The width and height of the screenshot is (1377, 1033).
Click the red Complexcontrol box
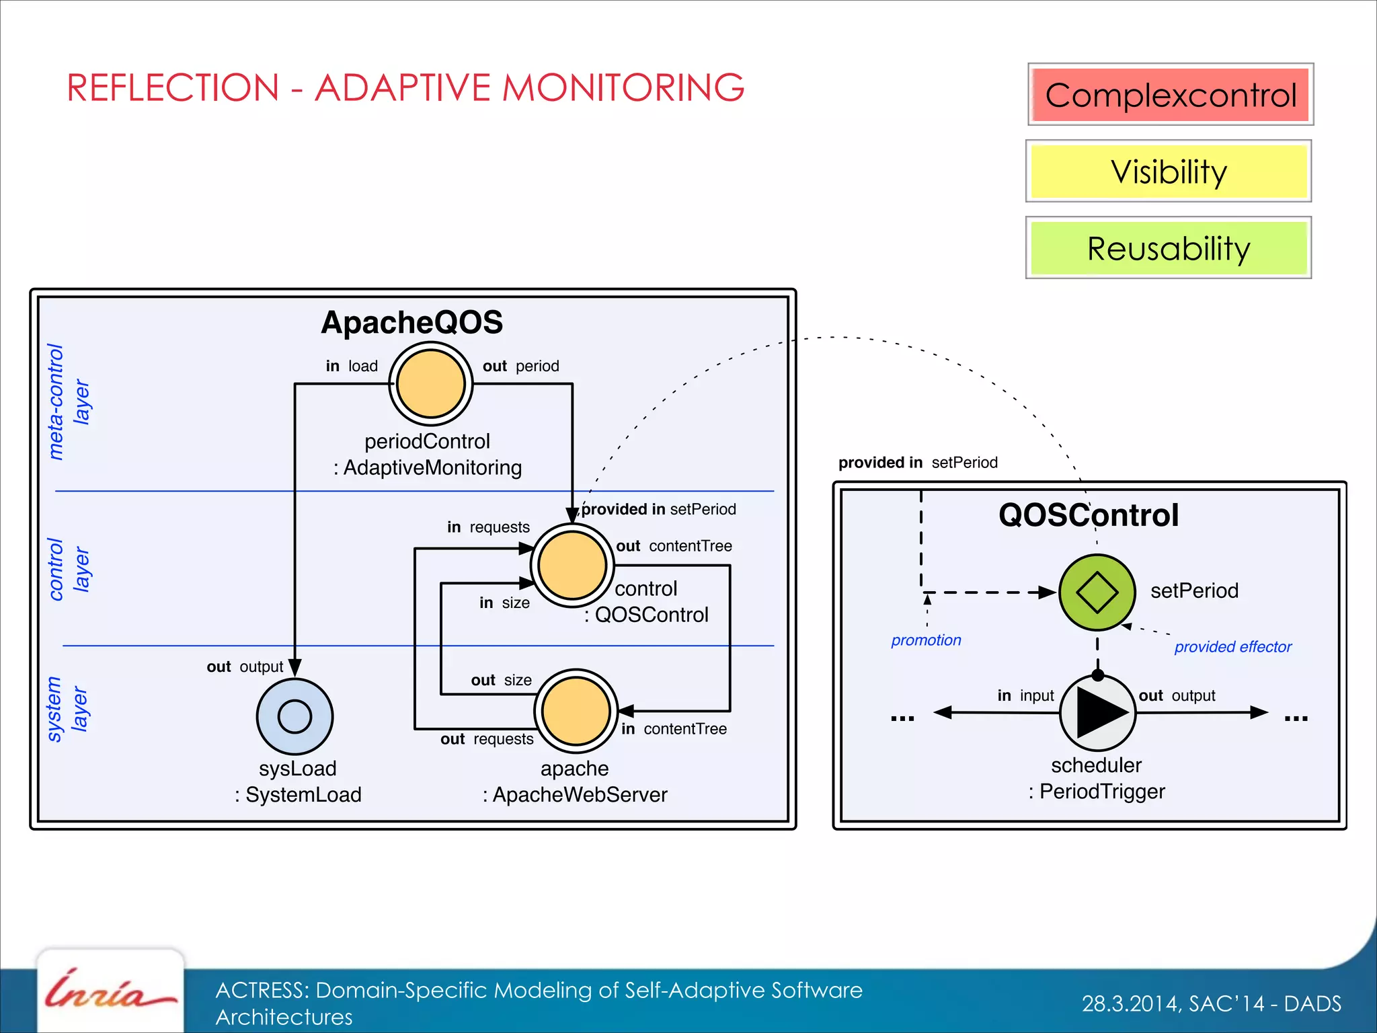tap(1170, 95)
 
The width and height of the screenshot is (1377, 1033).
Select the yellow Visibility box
tap(1169, 171)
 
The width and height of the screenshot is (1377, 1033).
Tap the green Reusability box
tap(1169, 248)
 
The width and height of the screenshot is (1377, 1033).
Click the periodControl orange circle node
tap(431, 384)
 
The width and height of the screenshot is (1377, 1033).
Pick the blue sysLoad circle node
tap(294, 716)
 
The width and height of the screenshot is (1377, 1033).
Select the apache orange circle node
tap(576, 711)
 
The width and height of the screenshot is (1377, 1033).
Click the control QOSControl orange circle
tap(572, 565)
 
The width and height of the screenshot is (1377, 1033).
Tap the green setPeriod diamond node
tap(1097, 592)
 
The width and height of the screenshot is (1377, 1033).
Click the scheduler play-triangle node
tap(1097, 713)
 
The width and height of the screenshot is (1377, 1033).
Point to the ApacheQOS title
tap(411, 322)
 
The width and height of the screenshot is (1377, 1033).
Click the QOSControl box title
tap(1088, 515)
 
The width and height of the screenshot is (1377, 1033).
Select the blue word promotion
tap(926, 640)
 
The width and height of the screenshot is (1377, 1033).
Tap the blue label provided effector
tap(1232, 647)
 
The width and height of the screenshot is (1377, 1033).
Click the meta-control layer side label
tap(67, 402)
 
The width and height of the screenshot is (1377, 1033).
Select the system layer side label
tap(66, 709)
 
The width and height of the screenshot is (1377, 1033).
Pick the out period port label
tap(520, 366)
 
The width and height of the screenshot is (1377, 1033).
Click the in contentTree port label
tap(674, 729)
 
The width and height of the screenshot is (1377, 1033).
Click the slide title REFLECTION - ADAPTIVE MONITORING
tap(405, 88)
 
